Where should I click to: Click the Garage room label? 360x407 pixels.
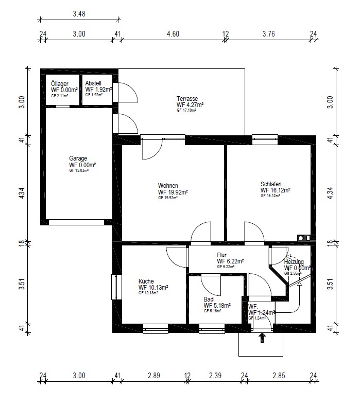79,158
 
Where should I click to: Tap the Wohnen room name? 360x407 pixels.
168,186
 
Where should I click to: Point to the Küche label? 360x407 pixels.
146,281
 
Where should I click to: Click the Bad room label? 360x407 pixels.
209,299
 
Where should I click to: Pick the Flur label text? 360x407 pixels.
222,255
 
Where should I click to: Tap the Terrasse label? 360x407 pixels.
187,99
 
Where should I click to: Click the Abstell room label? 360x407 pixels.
93,83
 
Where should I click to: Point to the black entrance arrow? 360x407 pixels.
262,338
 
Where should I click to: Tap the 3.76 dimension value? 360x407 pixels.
269,34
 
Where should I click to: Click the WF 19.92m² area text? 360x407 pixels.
173,192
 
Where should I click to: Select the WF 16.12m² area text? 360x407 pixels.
276,190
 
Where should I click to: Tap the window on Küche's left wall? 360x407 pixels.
114,287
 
